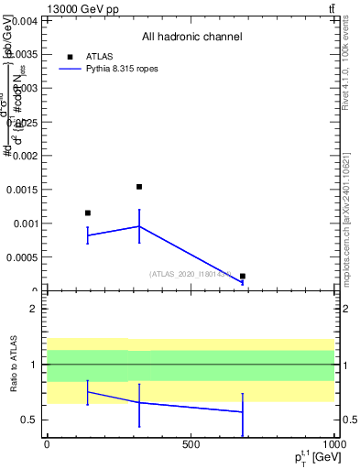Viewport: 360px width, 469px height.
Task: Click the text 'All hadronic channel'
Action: coord(191,38)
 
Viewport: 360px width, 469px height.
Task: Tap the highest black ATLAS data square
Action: coord(139,187)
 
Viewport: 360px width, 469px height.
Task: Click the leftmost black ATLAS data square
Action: coord(88,213)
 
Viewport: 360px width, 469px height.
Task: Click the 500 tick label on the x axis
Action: coord(191,444)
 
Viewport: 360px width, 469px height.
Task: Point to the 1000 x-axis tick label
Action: coord(333,444)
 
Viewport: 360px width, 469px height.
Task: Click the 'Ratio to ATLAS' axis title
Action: coord(14,365)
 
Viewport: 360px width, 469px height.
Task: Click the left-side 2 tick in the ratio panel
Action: coord(32,309)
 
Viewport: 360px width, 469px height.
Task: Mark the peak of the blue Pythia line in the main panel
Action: coord(139,226)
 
